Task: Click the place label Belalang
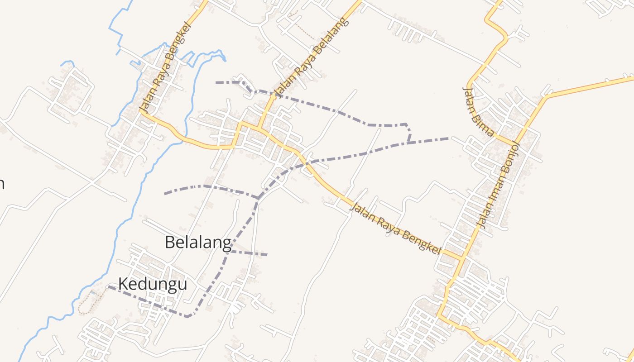[x=198, y=243]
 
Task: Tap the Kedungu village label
[x=153, y=284]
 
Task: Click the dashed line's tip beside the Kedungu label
[x=108, y=286]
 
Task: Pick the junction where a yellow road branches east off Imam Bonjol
[x=546, y=96]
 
